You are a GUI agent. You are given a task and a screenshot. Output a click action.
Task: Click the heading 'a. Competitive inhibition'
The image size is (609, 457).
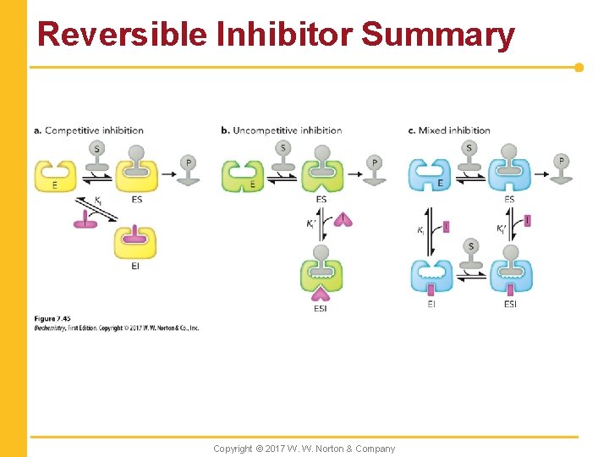(x=89, y=130)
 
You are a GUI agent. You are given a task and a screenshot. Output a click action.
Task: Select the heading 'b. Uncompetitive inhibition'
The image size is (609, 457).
(x=281, y=130)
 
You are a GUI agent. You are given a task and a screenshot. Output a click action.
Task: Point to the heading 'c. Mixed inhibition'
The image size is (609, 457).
(x=449, y=130)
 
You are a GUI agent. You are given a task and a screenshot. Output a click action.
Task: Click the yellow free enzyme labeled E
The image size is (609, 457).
(x=55, y=175)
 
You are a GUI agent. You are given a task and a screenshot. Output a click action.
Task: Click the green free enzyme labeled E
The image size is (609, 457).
(x=242, y=176)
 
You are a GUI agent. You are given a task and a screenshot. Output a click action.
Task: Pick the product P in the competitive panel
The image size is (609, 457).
(x=189, y=168)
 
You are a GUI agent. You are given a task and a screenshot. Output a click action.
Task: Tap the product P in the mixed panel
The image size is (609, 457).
(x=561, y=168)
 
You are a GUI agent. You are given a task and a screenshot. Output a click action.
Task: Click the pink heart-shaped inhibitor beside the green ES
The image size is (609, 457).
(x=343, y=220)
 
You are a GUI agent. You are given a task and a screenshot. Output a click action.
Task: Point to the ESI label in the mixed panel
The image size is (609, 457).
(x=510, y=304)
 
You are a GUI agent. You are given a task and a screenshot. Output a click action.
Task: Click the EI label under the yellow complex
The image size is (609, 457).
(x=135, y=266)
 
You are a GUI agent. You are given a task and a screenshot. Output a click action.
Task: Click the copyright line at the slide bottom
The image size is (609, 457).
(x=304, y=449)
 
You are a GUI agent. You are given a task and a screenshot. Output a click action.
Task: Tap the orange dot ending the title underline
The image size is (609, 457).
(x=579, y=67)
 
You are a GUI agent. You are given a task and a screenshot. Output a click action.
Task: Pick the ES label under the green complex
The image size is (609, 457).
(x=321, y=200)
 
